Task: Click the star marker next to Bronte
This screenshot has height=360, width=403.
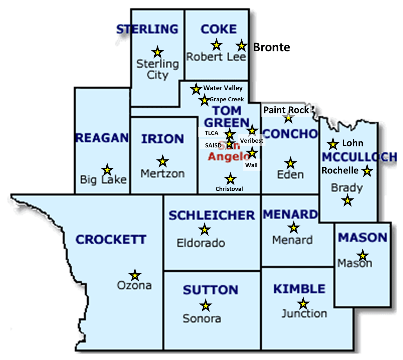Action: pos(241,46)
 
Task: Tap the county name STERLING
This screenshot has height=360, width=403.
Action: pos(147,29)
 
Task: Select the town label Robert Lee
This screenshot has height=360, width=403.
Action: pos(216,57)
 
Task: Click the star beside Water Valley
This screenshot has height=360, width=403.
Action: pos(196,89)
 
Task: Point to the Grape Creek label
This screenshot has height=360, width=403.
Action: pos(227,99)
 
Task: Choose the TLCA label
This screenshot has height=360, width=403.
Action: pos(212,133)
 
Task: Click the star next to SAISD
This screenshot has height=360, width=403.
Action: pos(229,144)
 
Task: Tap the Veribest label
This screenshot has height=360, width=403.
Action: pos(252,140)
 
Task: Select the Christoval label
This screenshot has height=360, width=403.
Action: pos(229,189)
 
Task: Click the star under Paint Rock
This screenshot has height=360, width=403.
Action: pos(288,118)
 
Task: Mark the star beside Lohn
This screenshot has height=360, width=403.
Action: pos(333,144)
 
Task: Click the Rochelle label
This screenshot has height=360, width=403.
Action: pos(340,170)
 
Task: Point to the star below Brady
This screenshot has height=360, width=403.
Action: pos(347,201)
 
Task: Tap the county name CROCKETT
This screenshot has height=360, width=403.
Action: pos(111,240)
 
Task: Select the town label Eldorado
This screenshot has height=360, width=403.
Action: pos(201,243)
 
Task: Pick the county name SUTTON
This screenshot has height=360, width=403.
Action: pos(210,290)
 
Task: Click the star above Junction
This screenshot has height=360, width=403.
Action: pos(303,304)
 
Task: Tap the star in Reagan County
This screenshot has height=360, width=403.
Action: pos(107,170)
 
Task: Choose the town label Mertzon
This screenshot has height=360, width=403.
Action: pos(162,173)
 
